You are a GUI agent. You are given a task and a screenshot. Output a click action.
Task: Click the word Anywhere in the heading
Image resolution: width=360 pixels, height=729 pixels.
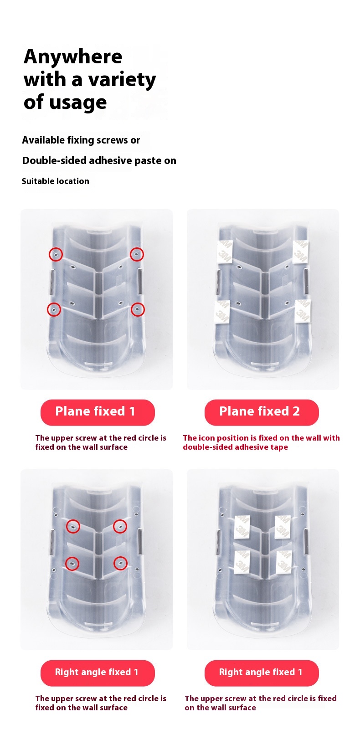[x=73, y=57]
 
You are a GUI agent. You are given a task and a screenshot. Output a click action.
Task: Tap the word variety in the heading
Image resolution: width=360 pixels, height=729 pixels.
[x=120, y=80]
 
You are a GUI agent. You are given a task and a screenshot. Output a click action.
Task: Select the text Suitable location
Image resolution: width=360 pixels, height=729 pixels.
[x=56, y=181]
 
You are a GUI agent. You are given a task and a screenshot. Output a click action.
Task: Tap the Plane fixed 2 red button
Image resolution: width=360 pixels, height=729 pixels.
[x=261, y=412]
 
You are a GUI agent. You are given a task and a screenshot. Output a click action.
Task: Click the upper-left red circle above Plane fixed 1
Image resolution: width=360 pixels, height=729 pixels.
[x=56, y=254]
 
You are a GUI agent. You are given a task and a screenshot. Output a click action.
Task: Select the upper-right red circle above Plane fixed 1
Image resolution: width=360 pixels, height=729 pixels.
[x=137, y=254]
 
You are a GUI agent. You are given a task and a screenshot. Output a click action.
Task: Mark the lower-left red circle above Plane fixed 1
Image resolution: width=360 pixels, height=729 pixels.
[x=54, y=310]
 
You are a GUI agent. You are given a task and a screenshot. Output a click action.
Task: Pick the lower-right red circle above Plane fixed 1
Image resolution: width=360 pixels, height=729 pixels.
[x=138, y=310]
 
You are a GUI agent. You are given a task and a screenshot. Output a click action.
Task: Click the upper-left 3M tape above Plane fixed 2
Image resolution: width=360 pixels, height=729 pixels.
[x=225, y=252]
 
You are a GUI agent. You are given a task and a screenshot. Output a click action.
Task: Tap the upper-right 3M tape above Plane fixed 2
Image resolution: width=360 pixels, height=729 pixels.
[x=300, y=252]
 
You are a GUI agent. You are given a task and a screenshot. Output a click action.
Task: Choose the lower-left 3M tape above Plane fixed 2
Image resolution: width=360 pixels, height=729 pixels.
[x=222, y=311]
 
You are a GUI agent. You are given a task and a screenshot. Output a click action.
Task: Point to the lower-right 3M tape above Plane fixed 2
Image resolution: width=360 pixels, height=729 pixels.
[x=303, y=311]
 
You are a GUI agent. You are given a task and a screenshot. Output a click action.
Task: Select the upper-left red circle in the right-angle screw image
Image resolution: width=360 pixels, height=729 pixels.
[x=73, y=526]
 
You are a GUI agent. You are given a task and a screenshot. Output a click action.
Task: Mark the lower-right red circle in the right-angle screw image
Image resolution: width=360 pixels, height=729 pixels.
[x=120, y=563]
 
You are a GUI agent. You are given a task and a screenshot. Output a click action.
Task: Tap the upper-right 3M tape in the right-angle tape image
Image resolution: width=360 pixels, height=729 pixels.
[x=283, y=527]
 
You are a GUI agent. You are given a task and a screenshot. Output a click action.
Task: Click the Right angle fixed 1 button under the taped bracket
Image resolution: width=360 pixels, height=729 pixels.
[x=261, y=673]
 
